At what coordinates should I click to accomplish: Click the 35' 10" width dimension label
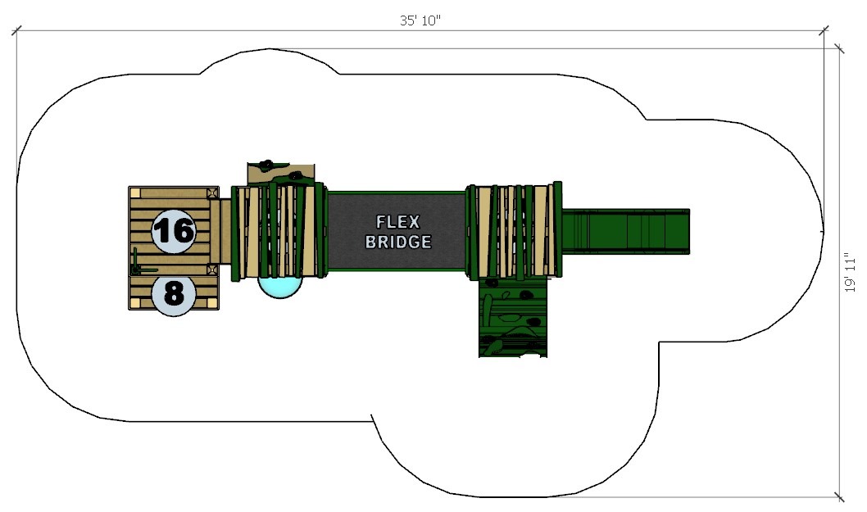(420, 21)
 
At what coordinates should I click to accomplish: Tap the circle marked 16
(174, 230)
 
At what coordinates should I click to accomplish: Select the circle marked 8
(174, 292)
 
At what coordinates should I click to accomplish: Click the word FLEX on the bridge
(397, 222)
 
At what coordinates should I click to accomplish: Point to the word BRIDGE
(398, 242)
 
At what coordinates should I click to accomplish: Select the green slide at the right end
(626, 231)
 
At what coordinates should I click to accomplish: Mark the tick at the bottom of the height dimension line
(838, 496)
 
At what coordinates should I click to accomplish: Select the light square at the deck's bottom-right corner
(213, 303)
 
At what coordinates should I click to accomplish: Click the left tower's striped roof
(277, 232)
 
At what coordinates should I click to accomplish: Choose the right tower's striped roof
(515, 231)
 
